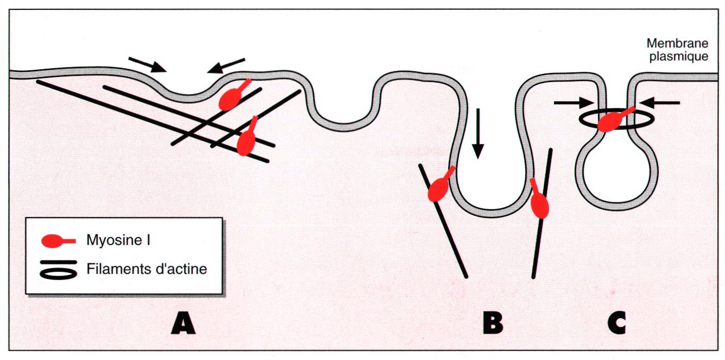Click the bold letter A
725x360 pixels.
click(184, 324)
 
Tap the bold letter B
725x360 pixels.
click(493, 324)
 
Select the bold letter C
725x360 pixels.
click(617, 324)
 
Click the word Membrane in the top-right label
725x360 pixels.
click(676, 44)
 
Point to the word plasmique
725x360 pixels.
click(677, 56)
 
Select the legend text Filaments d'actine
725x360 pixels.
click(147, 269)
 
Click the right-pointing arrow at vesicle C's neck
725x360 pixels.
click(571, 102)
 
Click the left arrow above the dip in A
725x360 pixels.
click(147, 65)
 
